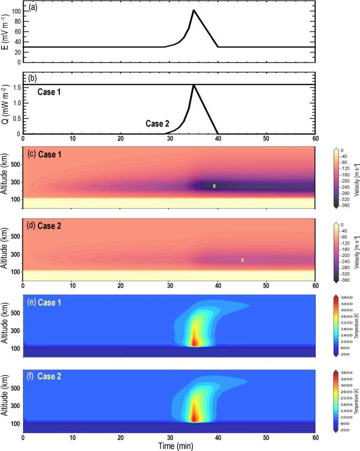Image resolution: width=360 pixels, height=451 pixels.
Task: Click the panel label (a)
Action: pyautogui.click(x=33, y=8)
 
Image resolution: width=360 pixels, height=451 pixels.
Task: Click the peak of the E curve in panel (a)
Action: pyautogui.click(x=193, y=10)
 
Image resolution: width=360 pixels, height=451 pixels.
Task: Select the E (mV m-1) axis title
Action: pyautogui.click(x=5, y=33)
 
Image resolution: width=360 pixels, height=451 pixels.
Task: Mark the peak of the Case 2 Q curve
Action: pyautogui.click(x=193, y=85)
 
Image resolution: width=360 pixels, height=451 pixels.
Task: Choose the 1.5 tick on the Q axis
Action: pyautogui.click(x=16, y=87)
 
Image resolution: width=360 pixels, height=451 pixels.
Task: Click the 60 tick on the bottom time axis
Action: pyautogui.click(x=315, y=437)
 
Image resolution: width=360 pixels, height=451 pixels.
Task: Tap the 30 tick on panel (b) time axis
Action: pyautogui.click(x=169, y=139)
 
